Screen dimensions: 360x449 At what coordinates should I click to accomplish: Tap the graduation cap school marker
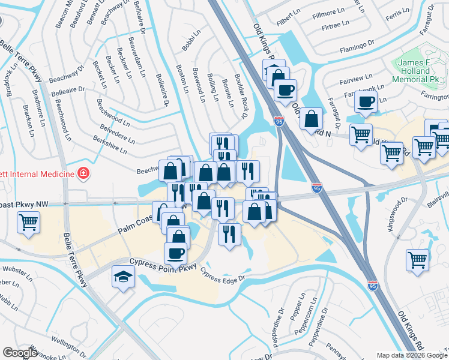click(124, 277)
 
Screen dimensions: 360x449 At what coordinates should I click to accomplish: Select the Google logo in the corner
click(20, 353)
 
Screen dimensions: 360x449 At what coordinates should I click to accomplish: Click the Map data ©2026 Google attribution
click(412, 355)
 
